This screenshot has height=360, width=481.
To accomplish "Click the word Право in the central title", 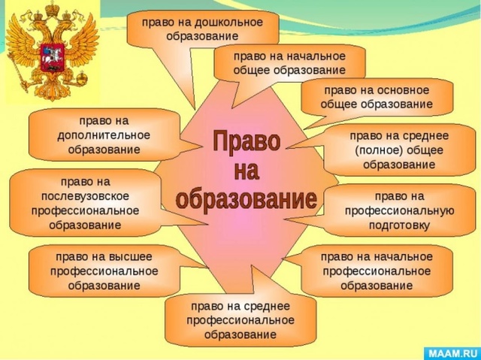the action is click(247, 141).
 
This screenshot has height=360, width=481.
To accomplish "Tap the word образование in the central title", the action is click(247, 199).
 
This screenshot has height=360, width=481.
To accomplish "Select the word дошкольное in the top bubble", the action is click(228, 23).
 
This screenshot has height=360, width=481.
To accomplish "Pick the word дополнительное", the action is click(104, 135).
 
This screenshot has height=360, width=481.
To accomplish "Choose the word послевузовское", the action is click(85, 196).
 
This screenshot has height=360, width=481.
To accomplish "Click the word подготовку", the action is click(399, 225).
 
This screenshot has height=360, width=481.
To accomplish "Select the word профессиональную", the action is click(399, 211).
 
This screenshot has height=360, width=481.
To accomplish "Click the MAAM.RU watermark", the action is click(452, 353).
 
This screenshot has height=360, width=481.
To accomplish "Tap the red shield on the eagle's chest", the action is click(52, 58).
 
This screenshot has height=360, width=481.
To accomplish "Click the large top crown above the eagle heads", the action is click(53, 8).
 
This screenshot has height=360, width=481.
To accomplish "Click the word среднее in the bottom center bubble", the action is click(267, 306).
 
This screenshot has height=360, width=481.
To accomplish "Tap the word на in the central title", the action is click(247, 171).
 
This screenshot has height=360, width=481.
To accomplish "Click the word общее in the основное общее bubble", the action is click(339, 104).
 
